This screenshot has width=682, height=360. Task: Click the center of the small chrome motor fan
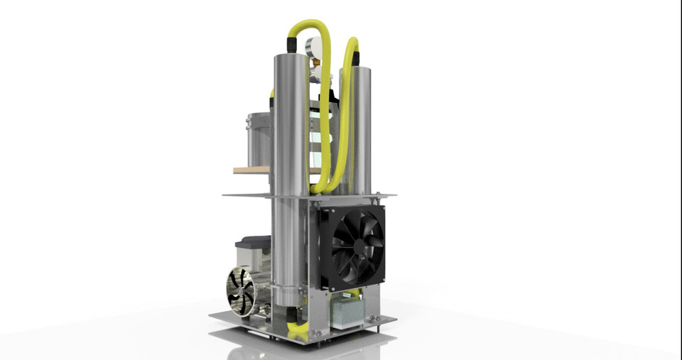[239, 291]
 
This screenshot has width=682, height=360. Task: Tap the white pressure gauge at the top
[313, 48]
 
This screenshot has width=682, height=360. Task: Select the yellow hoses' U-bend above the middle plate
[321, 186]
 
